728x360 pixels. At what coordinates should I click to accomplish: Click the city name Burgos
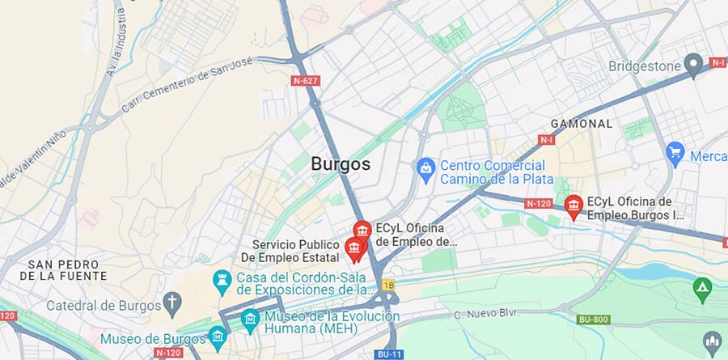341,164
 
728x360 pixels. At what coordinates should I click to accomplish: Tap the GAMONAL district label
581,124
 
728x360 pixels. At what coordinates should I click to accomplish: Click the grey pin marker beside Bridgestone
692,63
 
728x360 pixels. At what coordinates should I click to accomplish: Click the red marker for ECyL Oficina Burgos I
574,206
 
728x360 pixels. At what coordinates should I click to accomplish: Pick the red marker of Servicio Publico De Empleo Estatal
354,248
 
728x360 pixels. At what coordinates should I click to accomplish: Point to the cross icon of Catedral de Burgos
171,304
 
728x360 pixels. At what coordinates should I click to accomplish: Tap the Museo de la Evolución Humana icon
250,318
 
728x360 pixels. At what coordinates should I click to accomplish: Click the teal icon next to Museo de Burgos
217,335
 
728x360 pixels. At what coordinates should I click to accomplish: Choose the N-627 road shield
305,80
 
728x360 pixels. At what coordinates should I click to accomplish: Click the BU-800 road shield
592,320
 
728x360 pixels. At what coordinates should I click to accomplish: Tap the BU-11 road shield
388,354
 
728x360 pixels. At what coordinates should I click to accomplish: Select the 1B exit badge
388,285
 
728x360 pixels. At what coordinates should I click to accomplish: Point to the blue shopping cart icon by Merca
675,152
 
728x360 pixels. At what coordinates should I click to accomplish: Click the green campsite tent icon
702,286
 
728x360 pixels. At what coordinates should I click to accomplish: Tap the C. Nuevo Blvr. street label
485,313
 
